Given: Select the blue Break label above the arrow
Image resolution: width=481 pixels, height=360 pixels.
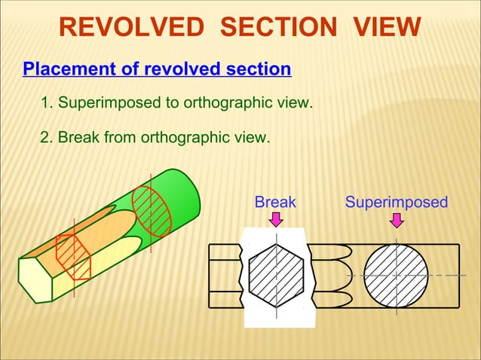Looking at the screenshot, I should pyautogui.click(x=275, y=202).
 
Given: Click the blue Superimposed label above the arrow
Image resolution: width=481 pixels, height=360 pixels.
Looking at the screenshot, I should pyautogui.click(x=396, y=202).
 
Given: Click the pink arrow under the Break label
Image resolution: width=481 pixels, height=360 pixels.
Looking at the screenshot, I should pyautogui.click(x=277, y=218).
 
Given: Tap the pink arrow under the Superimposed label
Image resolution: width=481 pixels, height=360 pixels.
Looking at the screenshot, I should pyautogui.click(x=396, y=218).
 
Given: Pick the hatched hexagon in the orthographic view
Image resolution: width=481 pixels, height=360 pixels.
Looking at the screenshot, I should pyautogui.click(x=276, y=275).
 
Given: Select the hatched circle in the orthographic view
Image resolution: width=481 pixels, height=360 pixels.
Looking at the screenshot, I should pyautogui.click(x=396, y=275).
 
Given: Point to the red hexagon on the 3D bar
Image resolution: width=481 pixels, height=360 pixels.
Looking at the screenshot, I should pyautogui.click(x=73, y=257).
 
